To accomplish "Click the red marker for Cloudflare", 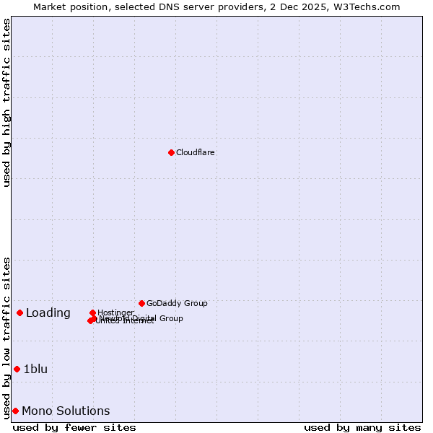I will pyautogui.click(x=171, y=152).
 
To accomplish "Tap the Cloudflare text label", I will pyautogui.click(x=195, y=153).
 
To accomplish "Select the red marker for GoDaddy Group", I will pyautogui.click(x=141, y=303).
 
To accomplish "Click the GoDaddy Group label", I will pyautogui.click(x=177, y=304).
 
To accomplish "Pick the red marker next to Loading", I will pyautogui.click(x=19, y=312).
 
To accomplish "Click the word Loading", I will pyautogui.click(x=48, y=313).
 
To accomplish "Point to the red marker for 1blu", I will pyautogui.click(x=17, y=369).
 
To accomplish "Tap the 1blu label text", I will pyautogui.click(x=35, y=369).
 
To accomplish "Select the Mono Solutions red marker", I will pyautogui.click(x=15, y=411).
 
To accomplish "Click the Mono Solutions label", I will pyautogui.click(x=66, y=411).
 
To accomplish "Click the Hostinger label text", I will pyautogui.click(x=115, y=312).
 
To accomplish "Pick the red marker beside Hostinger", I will pyautogui.click(x=92, y=312).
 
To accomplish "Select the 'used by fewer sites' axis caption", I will pyautogui.click(x=74, y=427).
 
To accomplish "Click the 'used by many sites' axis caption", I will pyautogui.click(x=362, y=427).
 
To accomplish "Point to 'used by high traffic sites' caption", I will pyautogui.click(x=6, y=102).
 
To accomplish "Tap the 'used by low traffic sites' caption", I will pyautogui.click(x=6, y=337).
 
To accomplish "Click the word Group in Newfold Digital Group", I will pyautogui.click(x=170, y=318).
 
